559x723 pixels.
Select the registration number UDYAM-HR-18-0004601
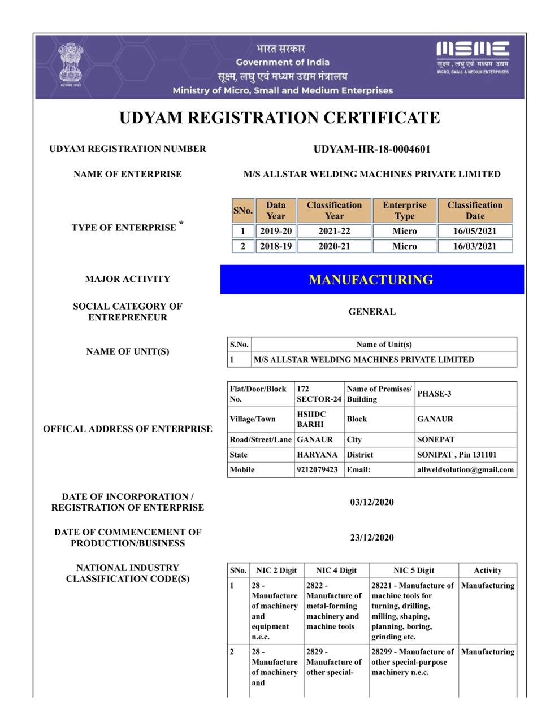371,149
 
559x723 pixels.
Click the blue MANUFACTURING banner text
371,280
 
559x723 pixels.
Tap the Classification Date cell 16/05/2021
475,231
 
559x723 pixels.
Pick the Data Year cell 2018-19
276,246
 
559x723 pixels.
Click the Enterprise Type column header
404,210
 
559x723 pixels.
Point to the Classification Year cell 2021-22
334,231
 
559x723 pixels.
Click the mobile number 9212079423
317,469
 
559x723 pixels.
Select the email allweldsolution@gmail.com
465,469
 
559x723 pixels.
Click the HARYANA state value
317,455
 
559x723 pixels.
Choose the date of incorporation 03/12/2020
371,502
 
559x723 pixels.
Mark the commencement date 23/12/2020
371,538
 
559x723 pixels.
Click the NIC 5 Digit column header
414,570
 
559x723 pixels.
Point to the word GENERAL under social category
371,312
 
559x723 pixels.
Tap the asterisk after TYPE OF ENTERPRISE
181,224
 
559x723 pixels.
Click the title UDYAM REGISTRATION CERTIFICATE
279,117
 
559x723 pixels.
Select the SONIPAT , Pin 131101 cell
457,455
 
